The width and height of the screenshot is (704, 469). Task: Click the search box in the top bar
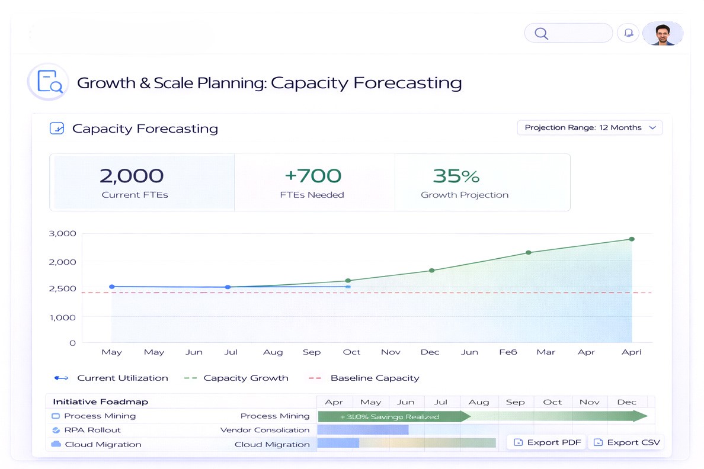[x=568, y=33]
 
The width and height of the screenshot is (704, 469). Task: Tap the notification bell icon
[x=628, y=33]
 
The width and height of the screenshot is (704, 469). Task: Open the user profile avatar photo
[x=662, y=34]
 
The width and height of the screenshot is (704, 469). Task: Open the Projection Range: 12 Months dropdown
[x=590, y=127]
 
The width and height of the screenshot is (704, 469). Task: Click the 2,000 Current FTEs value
[x=131, y=176]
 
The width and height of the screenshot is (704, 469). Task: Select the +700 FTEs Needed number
[x=313, y=176]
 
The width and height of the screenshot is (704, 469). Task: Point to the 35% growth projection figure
[x=456, y=176]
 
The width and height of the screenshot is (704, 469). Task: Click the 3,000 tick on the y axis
[x=62, y=233]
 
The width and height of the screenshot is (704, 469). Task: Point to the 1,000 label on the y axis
[x=62, y=317]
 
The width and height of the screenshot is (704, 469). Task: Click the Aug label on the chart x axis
[x=273, y=352]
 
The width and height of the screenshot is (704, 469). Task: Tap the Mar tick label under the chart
[x=546, y=352]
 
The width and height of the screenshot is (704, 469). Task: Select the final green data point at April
[x=632, y=239]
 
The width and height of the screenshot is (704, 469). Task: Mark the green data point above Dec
[x=431, y=270]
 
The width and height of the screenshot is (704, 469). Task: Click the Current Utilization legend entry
[x=122, y=378]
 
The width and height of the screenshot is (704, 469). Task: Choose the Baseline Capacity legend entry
[x=375, y=378]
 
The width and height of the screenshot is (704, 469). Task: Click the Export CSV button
[x=626, y=442]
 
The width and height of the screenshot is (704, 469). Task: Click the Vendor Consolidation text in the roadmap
[x=265, y=430]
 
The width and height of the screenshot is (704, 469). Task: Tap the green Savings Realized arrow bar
[x=391, y=416]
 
